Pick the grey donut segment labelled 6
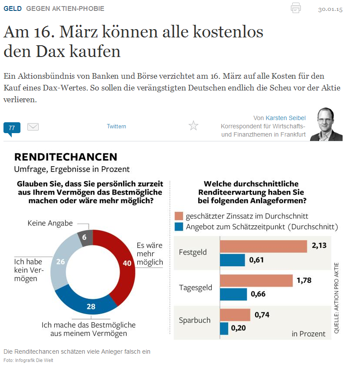point(84,238)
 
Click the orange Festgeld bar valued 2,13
point(263,246)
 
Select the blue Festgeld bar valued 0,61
point(233,260)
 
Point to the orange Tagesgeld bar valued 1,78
point(256,281)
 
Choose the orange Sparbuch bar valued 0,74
point(235,315)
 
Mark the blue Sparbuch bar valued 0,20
point(224,328)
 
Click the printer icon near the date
point(296,8)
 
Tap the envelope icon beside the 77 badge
point(33,127)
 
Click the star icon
point(193,126)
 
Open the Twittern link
point(117,127)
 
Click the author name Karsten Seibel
point(286,118)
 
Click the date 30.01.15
point(330,9)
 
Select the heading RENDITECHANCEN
point(66,157)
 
